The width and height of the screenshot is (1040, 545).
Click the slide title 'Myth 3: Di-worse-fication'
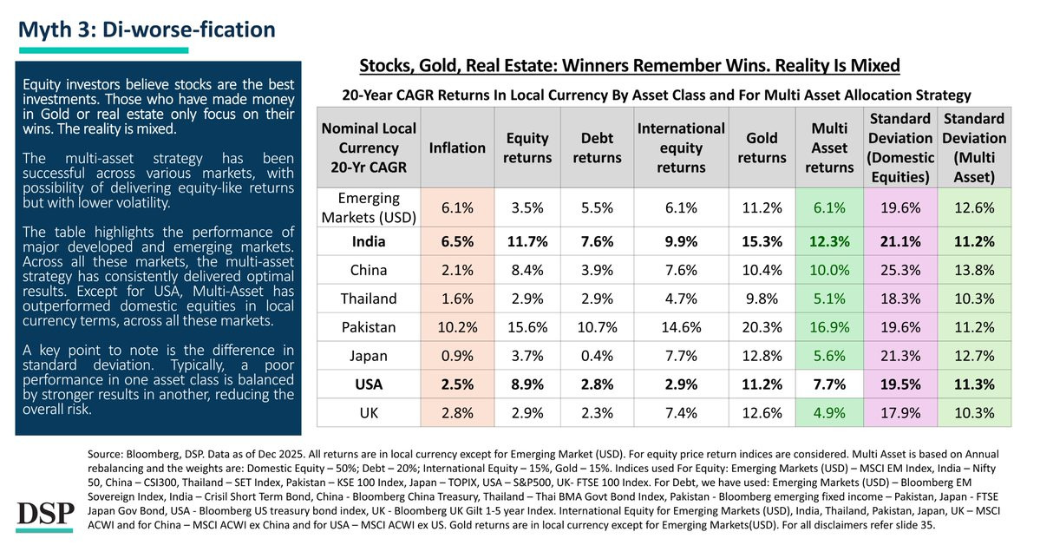tap(147, 30)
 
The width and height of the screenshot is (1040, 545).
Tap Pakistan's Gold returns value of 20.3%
tap(763, 327)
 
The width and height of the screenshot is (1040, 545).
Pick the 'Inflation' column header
tap(457, 148)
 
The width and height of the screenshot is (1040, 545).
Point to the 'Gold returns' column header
tap(763, 148)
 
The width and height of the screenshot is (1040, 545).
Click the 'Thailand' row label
tap(368, 298)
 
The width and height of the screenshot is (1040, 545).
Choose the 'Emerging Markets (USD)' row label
tap(368, 207)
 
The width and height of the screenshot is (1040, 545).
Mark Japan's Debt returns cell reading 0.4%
tap(598, 357)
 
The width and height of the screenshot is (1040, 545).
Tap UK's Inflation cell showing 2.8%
tap(457, 412)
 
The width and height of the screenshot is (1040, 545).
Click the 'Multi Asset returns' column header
tap(828, 148)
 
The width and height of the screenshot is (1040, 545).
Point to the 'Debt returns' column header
tap(598, 148)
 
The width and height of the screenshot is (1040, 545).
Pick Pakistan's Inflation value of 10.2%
tap(457, 327)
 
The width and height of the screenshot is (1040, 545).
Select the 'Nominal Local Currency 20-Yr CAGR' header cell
tap(368, 148)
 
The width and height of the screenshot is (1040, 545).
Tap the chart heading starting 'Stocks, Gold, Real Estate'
tap(629, 65)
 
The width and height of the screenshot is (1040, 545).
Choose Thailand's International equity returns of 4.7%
tap(680, 298)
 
